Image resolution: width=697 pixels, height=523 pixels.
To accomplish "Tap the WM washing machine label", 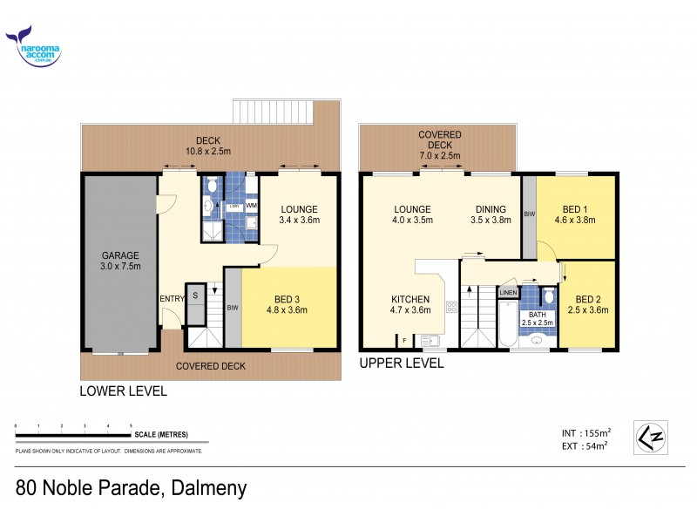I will click(x=251, y=206).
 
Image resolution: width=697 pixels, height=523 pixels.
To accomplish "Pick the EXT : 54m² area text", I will click(x=585, y=445).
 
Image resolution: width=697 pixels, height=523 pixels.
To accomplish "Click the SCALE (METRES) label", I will click(x=160, y=434).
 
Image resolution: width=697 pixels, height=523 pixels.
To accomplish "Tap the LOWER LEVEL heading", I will click(x=123, y=391).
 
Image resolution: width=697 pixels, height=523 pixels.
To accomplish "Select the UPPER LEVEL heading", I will click(x=402, y=363).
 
